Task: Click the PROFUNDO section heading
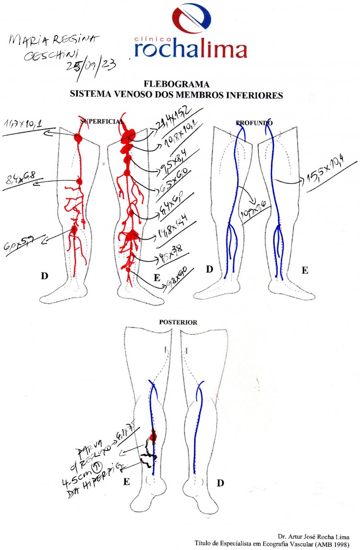(x=254, y=122)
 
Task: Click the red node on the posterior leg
(x=153, y=435)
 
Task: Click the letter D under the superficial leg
(x=44, y=276)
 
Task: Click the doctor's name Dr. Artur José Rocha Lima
(x=313, y=537)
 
